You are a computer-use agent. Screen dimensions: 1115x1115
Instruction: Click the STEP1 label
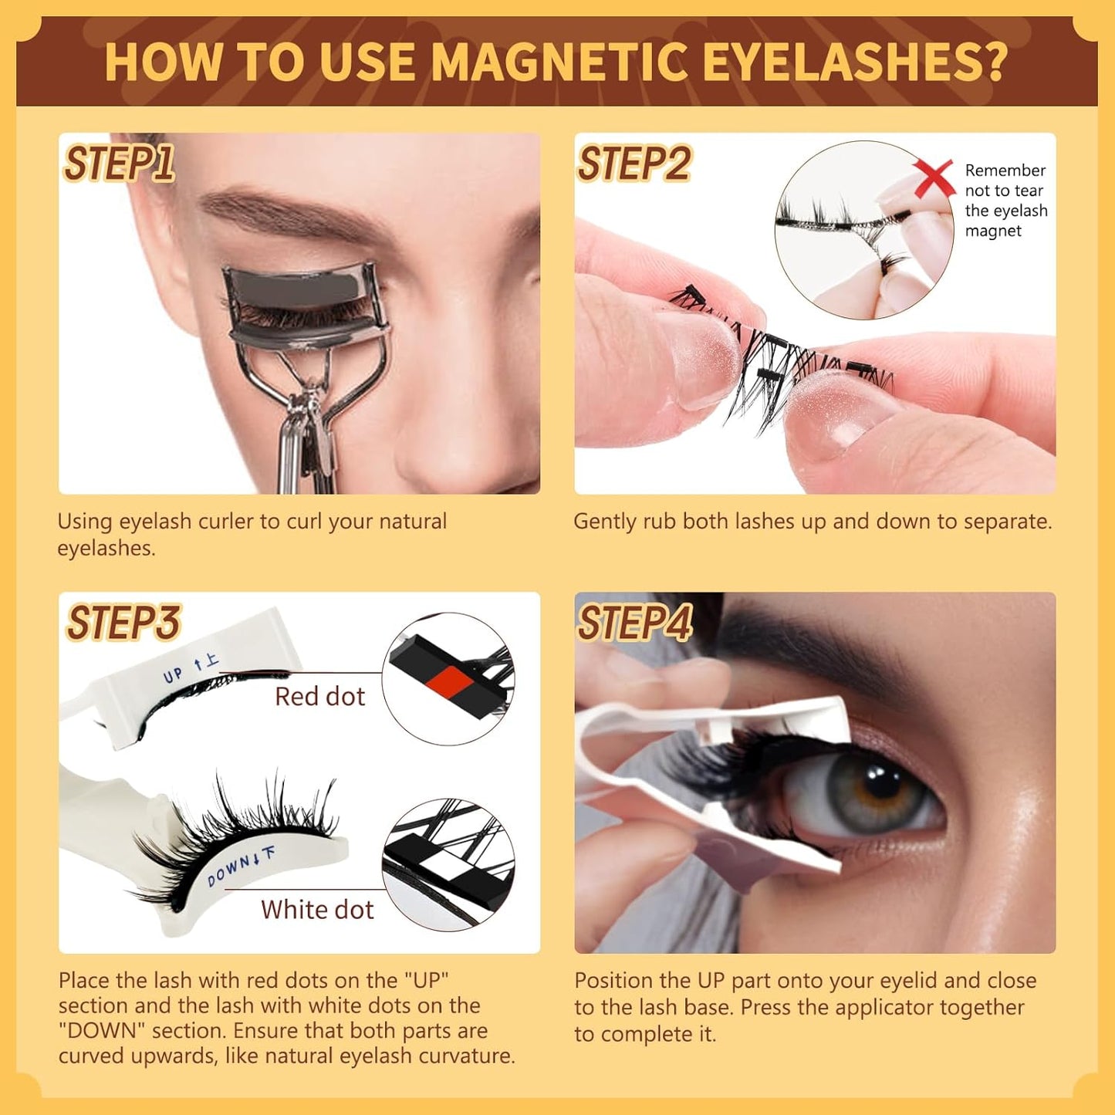coord(118,164)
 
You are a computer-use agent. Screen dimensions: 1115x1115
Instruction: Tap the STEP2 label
coord(634,164)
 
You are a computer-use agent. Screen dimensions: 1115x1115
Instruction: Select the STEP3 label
coord(123,623)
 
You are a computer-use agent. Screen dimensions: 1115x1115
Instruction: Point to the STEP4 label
coord(635,623)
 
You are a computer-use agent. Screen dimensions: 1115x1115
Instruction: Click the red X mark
coord(933,178)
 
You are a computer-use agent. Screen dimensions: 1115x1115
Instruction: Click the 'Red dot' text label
coord(319,697)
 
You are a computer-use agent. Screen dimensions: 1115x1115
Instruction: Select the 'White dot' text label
coord(316,910)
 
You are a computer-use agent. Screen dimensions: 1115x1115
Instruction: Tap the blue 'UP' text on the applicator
coord(173,674)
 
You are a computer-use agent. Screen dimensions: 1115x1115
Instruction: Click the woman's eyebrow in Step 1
coord(286,212)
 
